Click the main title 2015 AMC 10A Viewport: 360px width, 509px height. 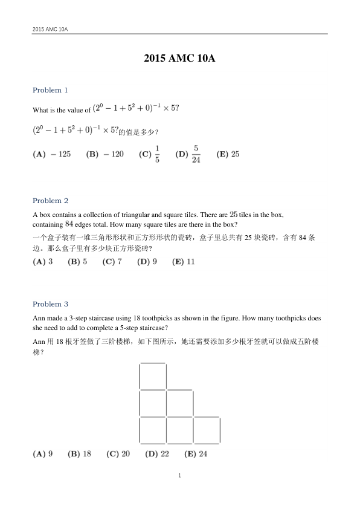coord(179,59)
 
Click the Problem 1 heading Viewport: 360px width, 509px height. coord(50,90)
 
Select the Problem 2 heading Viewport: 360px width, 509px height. coord(50,201)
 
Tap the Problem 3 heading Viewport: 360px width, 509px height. coord(50,304)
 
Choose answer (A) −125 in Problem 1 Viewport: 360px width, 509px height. coord(51,154)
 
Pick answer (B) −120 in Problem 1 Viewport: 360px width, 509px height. coord(105,154)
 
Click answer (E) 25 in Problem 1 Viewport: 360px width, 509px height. coord(228,154)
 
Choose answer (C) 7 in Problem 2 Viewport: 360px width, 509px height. coord(112,262)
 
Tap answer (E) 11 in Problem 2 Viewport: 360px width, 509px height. coord(184,262)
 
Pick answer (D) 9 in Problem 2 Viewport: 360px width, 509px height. coord(147,262)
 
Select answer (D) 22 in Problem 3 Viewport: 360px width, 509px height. coord(157,454)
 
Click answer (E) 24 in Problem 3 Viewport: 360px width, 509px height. coord(196,454)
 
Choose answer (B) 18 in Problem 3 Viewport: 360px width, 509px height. coord(79,454)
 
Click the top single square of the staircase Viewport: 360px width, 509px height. coord(153,376)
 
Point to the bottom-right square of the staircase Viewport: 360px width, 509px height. coord(207,430)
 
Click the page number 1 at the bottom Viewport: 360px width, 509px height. coord(180,476)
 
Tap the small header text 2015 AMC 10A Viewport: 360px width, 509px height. coord(50,28)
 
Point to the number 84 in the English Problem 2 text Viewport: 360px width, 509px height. coord(69,224)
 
